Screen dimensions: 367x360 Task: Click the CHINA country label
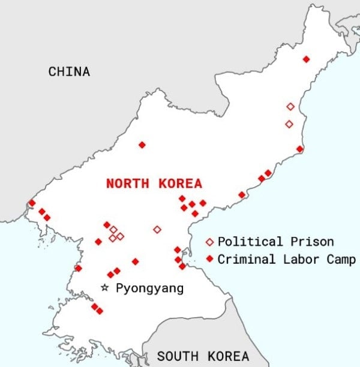click(x=69, y=72)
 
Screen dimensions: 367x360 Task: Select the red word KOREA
click(x=181, y=183)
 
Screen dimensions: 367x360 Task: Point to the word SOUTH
click(x=178, y=356)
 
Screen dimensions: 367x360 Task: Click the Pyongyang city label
click(x=149, y=288)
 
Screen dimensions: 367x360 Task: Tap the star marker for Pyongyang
click(x=105, y=288)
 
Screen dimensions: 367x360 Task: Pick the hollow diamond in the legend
click(x=209, y=242)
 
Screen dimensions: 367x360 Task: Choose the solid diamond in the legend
click(x=209, y=260)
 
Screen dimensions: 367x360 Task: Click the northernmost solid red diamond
click(x=306, y=59)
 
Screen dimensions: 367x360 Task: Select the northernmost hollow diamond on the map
click(x=290, y=106)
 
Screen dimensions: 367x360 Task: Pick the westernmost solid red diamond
click(x=31, y=203)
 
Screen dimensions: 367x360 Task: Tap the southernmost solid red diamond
click(x=99, y=311)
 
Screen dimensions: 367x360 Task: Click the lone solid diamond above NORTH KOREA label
click(x=142, y=145)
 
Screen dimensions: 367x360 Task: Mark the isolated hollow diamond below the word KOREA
click(x=157, y=229)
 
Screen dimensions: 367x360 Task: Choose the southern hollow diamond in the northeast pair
click(x=289, y=124)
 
